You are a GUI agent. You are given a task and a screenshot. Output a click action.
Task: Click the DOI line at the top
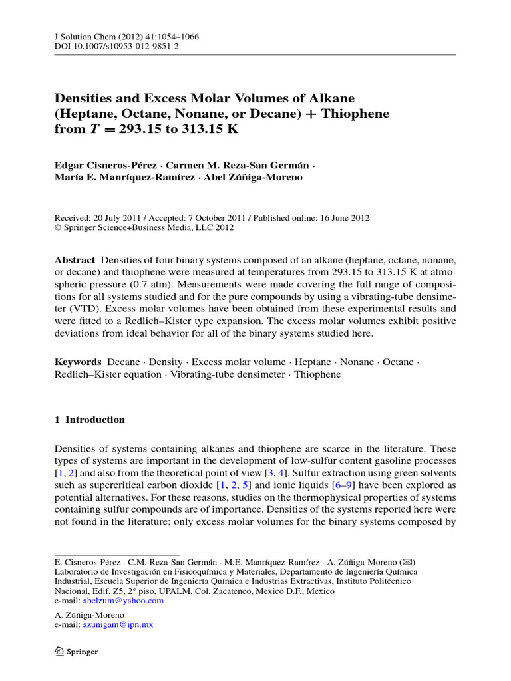(116, 47)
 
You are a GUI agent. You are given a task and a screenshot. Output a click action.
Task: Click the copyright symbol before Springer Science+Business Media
(57, 227)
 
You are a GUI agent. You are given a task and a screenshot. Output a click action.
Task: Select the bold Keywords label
(77, 362)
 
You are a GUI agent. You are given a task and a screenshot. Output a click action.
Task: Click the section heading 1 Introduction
(89, 420)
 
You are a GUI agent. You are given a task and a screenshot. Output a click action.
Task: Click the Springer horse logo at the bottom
(59, 652)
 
